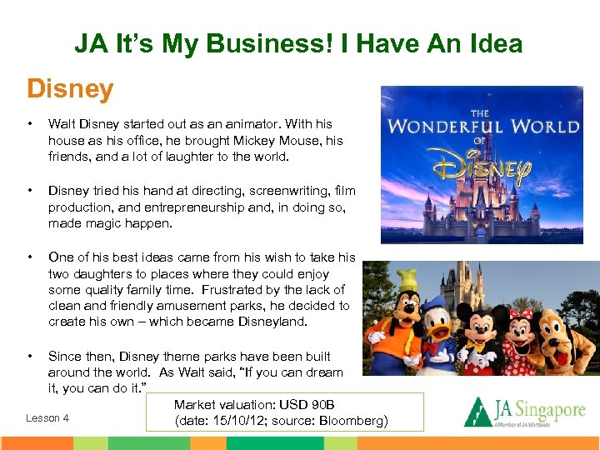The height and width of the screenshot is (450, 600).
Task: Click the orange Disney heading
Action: coord(70,88)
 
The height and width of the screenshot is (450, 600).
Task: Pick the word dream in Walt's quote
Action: coord(322,372)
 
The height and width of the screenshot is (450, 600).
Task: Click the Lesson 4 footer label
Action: coord(47,418)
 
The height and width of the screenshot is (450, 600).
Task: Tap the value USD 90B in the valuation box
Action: coord(307,404)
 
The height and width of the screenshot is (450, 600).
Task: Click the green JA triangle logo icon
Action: coord(477,412)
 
